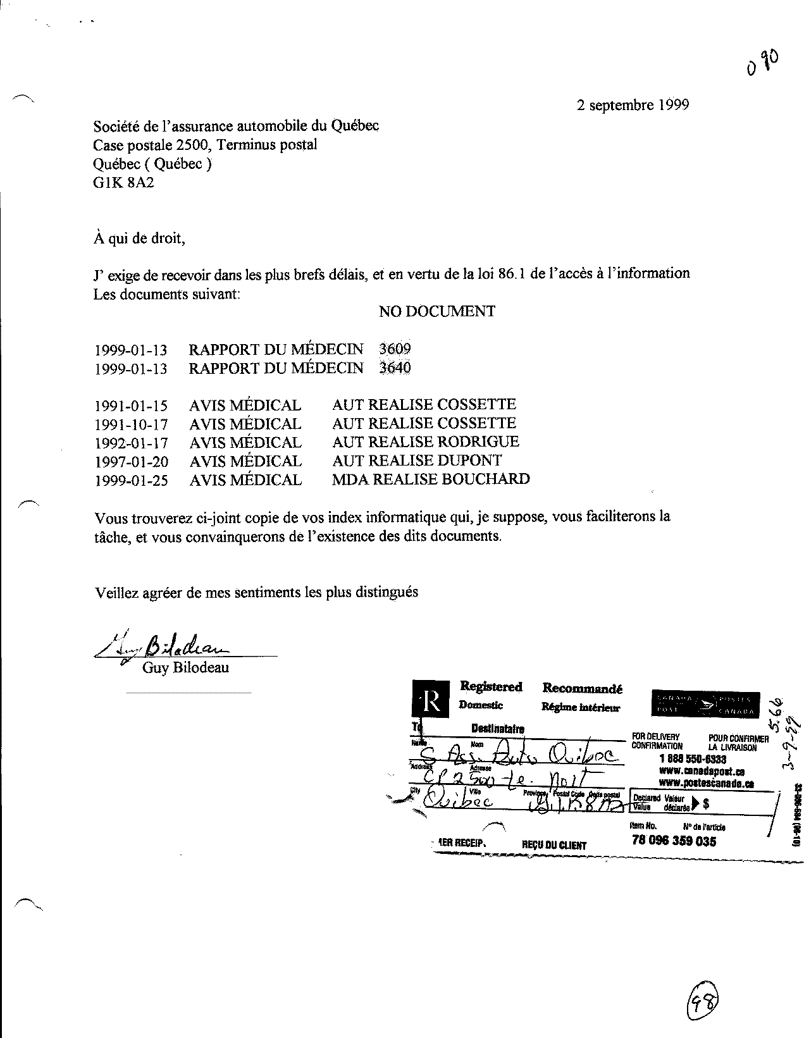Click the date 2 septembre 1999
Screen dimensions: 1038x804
tap(632, 105)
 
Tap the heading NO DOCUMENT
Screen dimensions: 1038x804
tap(436, 311)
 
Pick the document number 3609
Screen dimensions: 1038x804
tap(395, 349)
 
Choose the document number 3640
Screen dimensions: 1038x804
tap(395, 368)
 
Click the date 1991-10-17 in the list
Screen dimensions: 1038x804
tap(131, 424)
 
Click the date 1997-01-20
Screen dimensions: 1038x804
tap(131, 462)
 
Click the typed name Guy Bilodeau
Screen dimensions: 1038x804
tap(185, 668)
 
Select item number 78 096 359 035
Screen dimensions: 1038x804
tap(674, 841)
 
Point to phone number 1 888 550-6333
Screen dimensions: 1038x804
tap(692, 758)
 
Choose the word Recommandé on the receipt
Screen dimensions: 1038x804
tap(582, 688)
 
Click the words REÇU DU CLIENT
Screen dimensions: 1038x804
tap(554, 844)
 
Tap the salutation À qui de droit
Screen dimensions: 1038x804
tap(139, 238)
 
